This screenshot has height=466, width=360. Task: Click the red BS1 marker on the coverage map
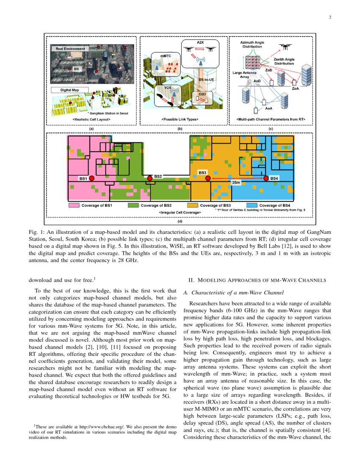point(92,179)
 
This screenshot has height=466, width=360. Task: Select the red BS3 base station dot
point(208,179)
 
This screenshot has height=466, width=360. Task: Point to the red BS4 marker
point(266,178)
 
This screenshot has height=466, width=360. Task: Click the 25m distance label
point(236,183)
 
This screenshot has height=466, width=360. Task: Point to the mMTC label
point(166,55)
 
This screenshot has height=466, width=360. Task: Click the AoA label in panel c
point(268,108)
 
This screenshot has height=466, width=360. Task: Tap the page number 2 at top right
point(329,17)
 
